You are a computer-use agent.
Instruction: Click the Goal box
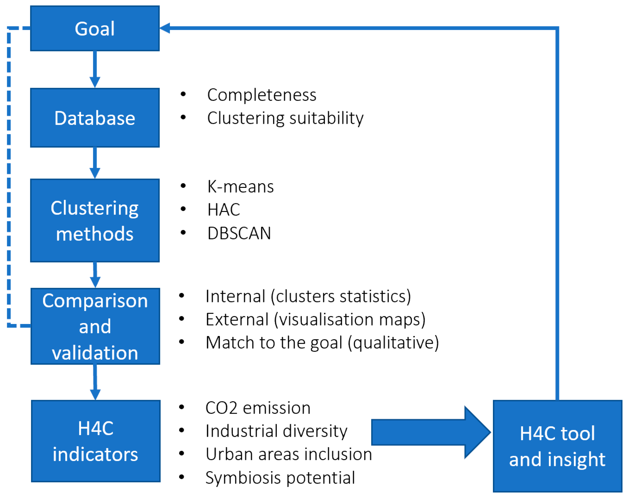[x=95, y=28]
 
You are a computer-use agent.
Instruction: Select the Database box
[x=95, y=118]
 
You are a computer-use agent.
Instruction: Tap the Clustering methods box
[x=95, y=221]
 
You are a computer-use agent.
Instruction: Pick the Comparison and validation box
[x=95, y=326]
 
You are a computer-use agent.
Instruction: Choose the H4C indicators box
[x=95, y=441]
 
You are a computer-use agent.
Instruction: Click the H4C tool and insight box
[x=557, y=446]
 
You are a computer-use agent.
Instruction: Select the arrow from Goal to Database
[x=95, y=69]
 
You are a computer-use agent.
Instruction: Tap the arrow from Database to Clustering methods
[x=95, y=163]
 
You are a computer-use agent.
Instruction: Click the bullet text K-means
[x=240, y=187]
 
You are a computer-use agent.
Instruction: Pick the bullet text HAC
[x=224, y=210]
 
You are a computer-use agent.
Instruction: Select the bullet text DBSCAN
[x=239, y=233]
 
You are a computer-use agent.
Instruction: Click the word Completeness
[x=262, y=95]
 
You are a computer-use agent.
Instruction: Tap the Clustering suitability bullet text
[x=285, y=118]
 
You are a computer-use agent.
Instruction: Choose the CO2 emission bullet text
[x=258, y=408]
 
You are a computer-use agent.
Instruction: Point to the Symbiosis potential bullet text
[x=280, y=478]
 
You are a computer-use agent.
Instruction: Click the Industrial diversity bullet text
[x=276, y=431]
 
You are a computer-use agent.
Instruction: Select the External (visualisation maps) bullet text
[x=316, y=319]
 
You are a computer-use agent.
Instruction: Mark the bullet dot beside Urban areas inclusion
[x=182, y=453]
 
